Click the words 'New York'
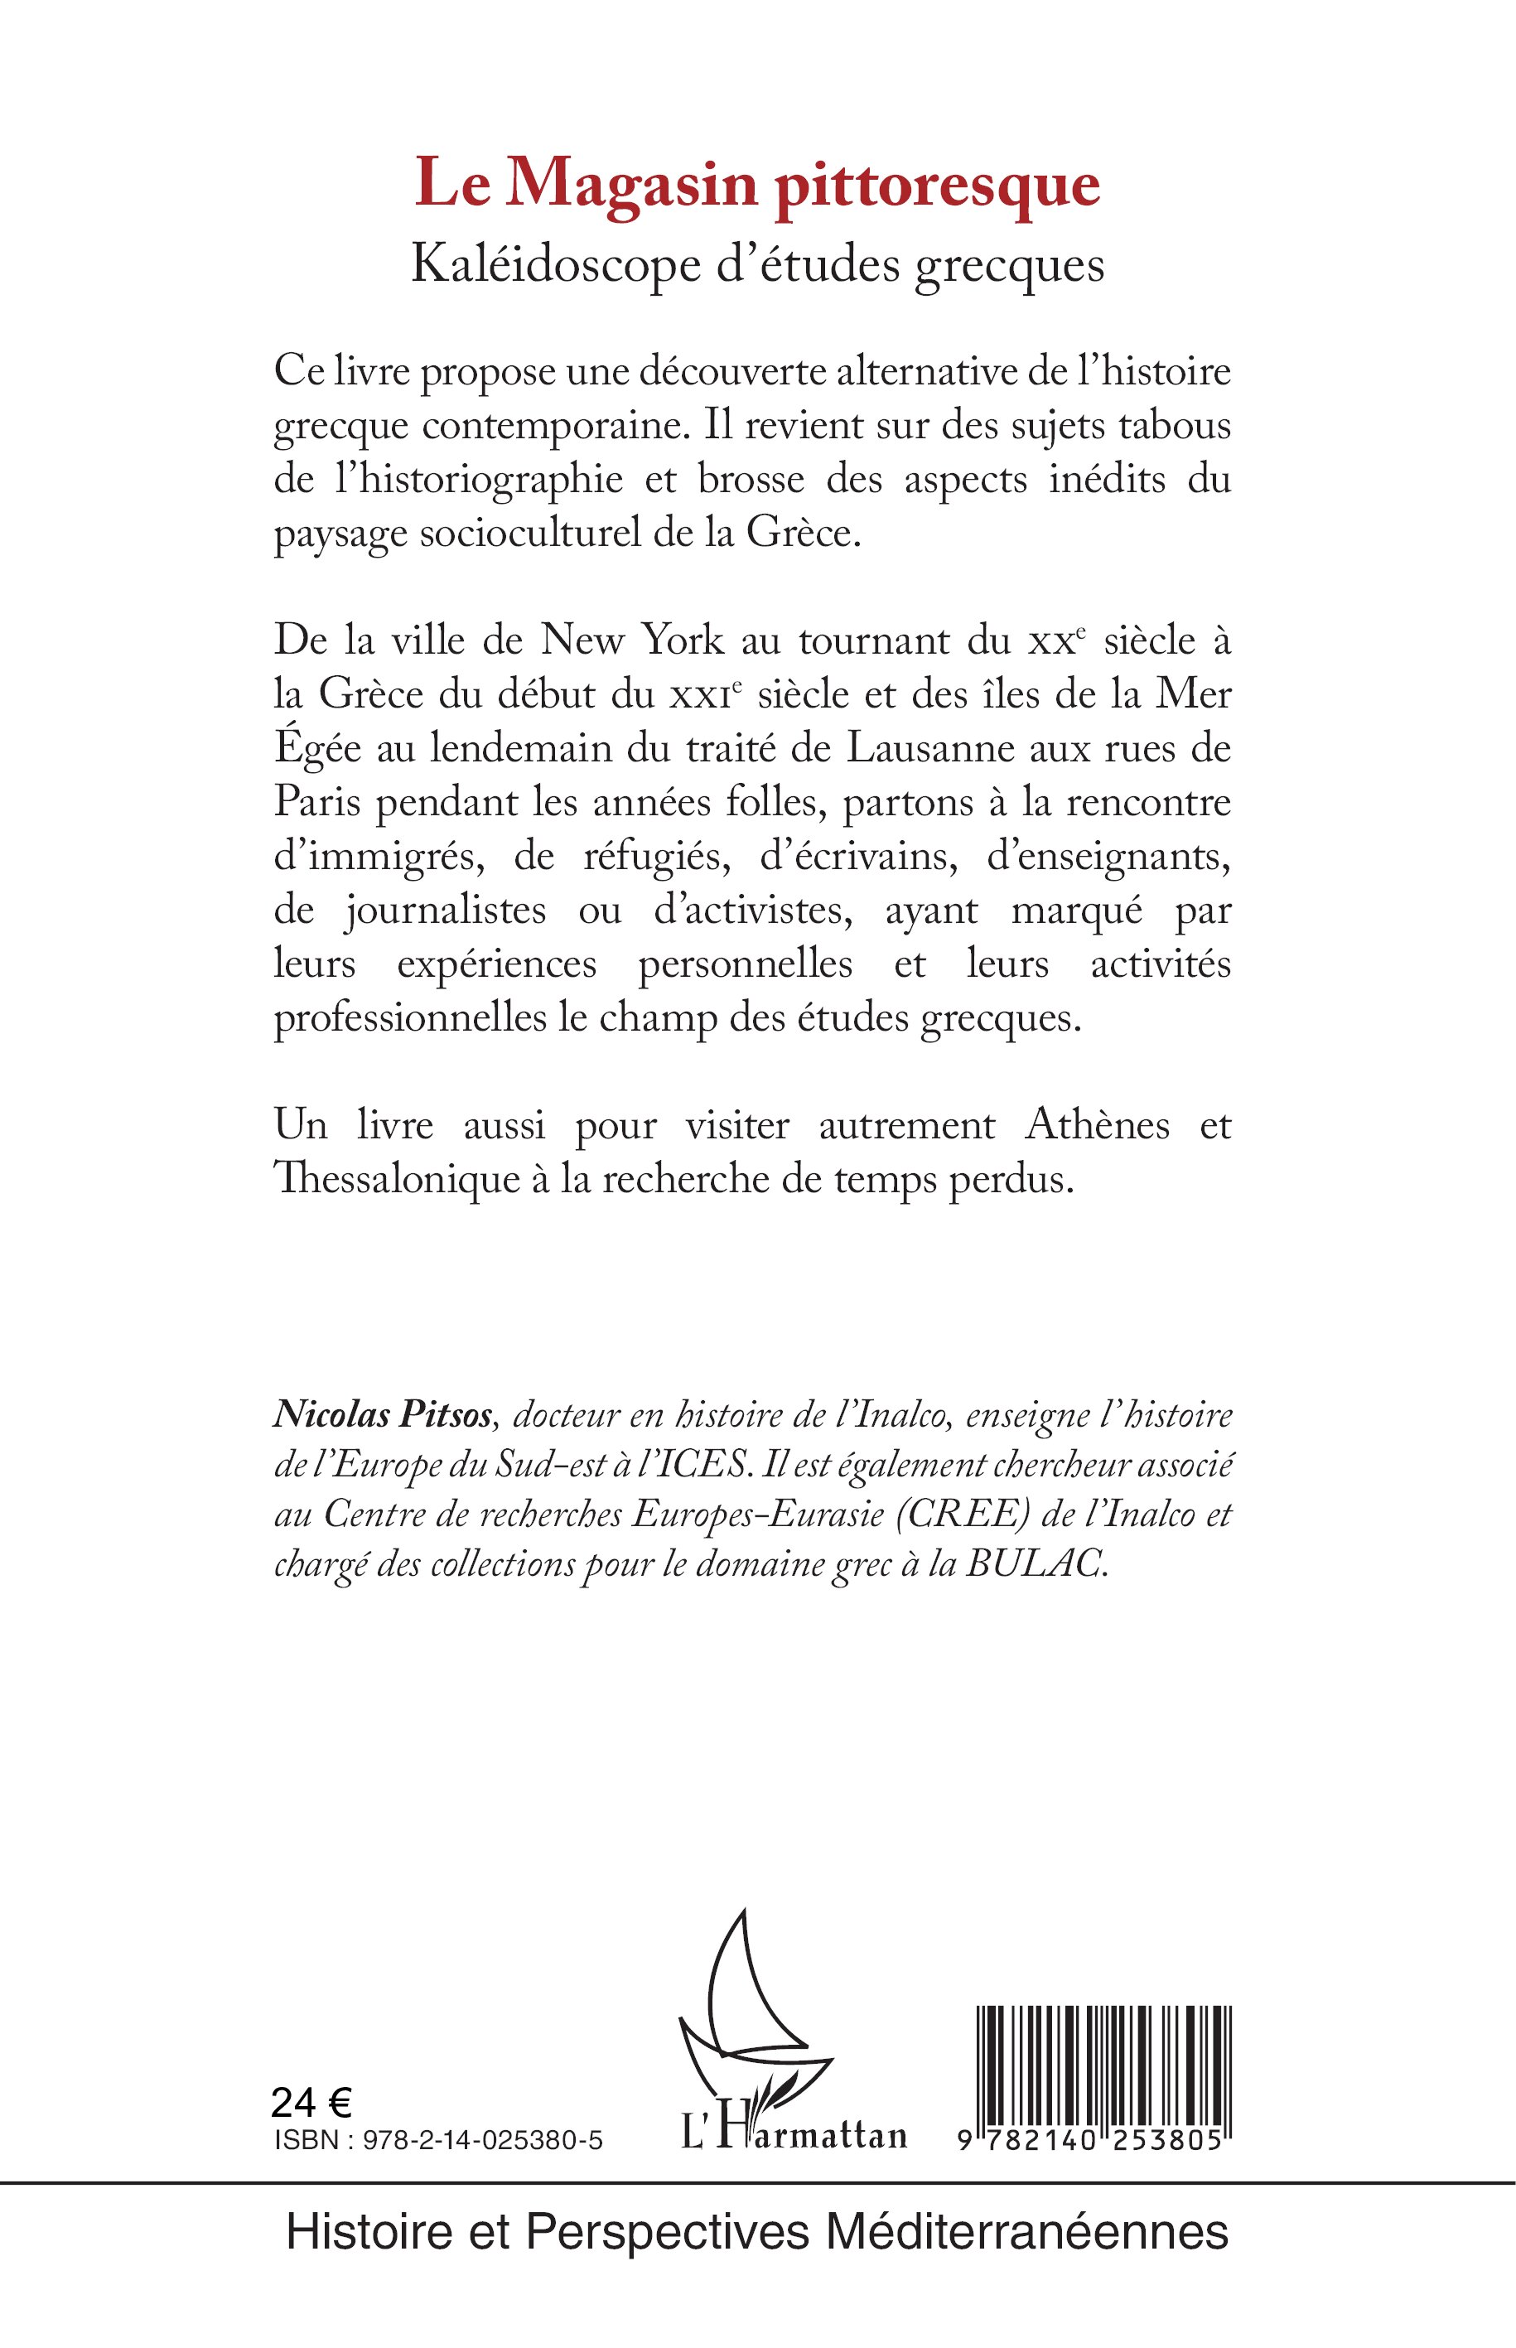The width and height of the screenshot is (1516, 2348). point(632,641)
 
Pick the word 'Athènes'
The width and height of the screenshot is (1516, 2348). point(1098,1125)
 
